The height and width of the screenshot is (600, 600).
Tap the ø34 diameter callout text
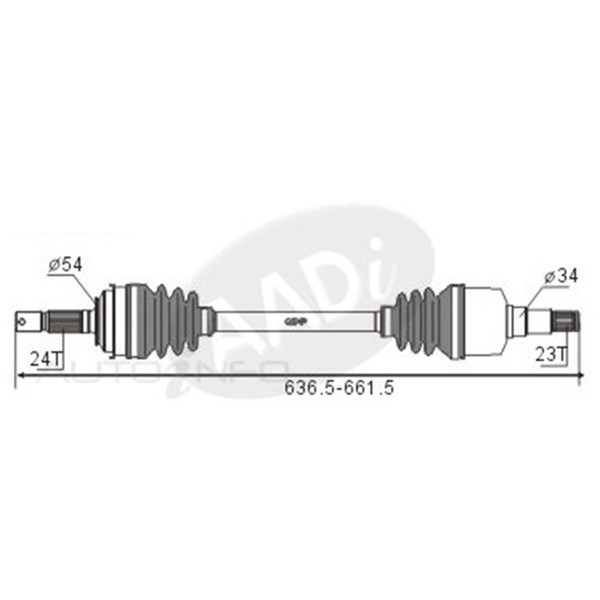pyautogui.click(x=560, y=276)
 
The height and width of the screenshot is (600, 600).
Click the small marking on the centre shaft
pyautogui.click(x=295, y=320)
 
